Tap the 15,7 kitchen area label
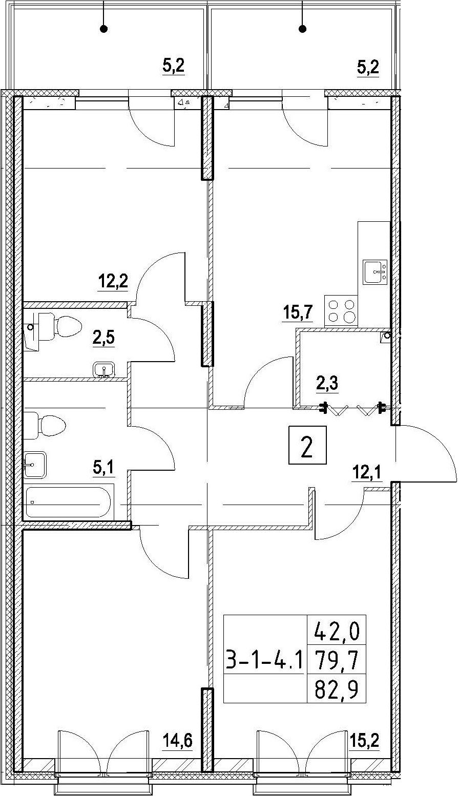(x=298, y=313)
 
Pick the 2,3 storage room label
(x=327, y=384)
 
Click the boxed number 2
(x=307, y=445)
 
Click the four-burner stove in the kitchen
(x=341, y=311)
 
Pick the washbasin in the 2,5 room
(x=103, y=370)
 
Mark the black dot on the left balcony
(x=104, y=29)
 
